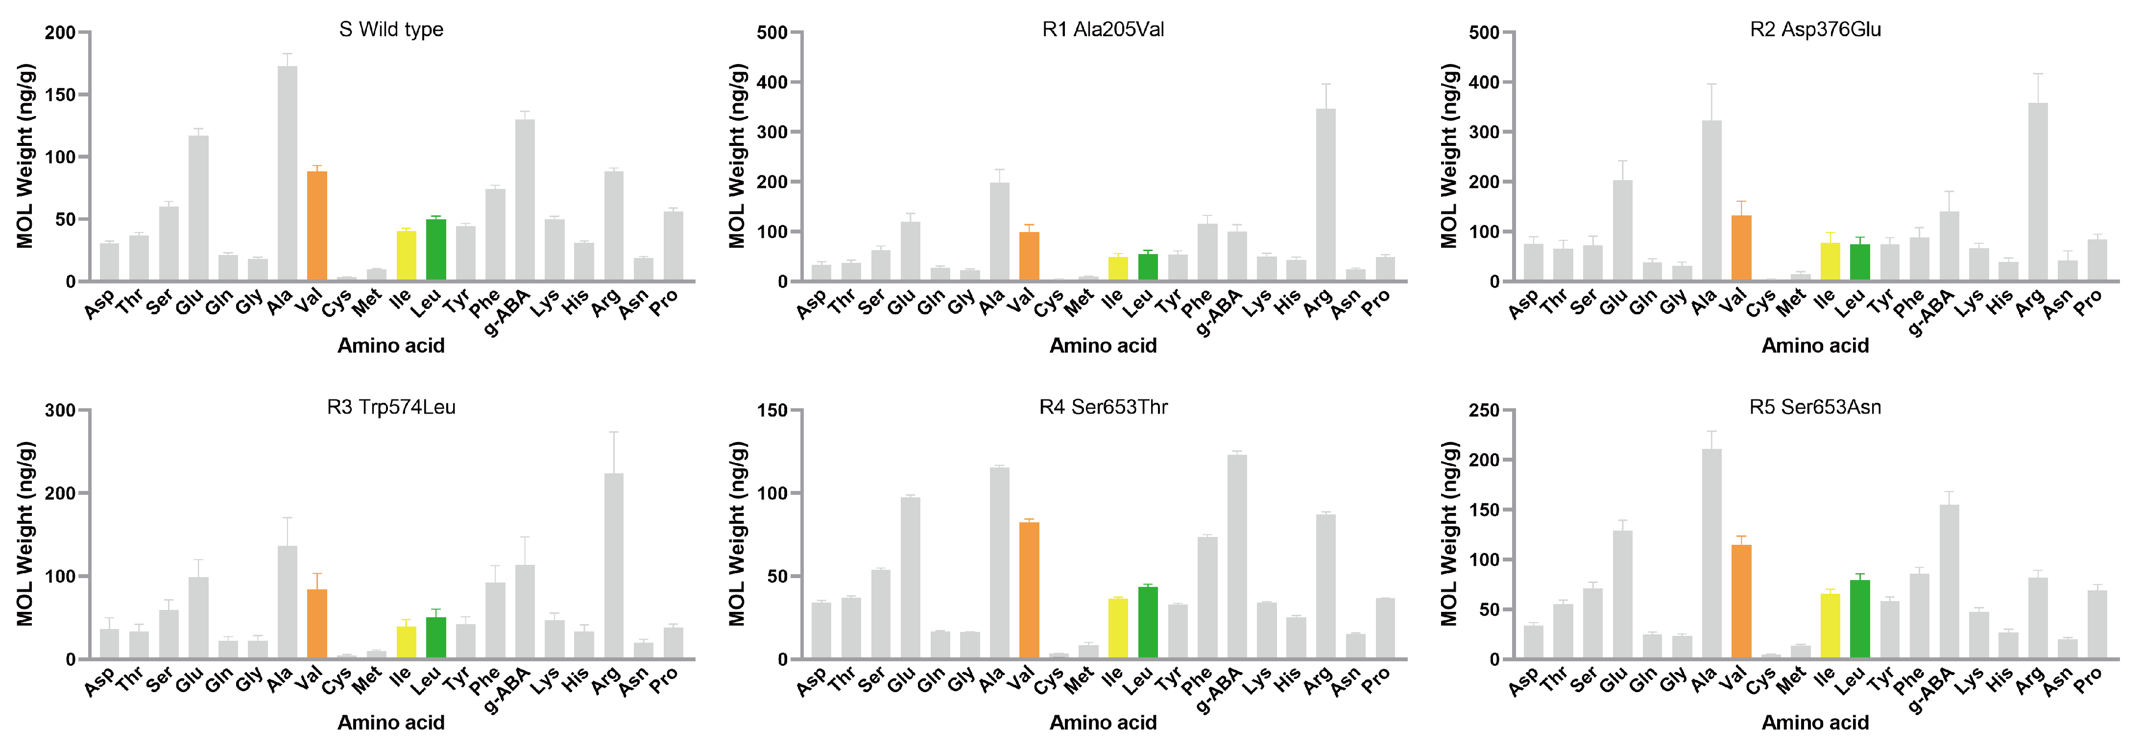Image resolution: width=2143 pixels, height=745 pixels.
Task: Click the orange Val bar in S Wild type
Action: [x=317, y=226]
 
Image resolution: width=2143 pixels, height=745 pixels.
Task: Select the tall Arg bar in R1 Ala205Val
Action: [x=1325, y=195]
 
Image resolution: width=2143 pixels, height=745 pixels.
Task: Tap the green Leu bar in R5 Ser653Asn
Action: [x=1860, y=620]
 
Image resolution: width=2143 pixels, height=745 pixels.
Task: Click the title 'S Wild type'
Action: [x=391, y=30]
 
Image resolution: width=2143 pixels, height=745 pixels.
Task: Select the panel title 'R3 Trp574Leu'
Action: [x=391, y=407]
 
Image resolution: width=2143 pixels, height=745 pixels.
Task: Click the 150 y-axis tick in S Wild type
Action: [x=60, y=95]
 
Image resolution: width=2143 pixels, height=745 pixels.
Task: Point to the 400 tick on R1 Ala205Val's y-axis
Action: [x=771, y=82]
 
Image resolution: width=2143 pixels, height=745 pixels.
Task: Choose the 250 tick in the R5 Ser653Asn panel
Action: [x=1484, y=411]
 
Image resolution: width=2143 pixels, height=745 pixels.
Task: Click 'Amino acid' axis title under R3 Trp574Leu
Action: [x=391, y=722]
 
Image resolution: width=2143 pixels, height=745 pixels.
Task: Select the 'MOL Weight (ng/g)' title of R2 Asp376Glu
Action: [x=1449, y=156]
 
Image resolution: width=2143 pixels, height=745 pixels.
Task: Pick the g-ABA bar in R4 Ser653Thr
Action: [x=1237, y=557]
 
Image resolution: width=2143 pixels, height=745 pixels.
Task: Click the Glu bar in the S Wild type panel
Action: [x=198, y=209]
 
